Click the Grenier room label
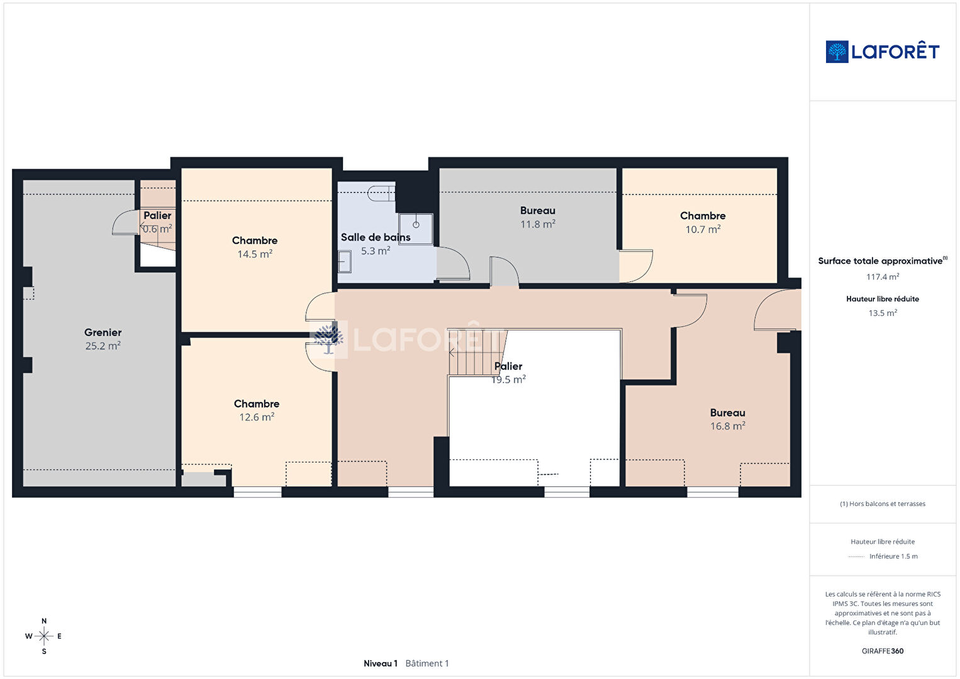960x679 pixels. [103, 332]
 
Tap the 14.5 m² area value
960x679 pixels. [255, 254]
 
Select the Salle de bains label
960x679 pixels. [376, 237]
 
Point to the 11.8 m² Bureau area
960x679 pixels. [538, 224]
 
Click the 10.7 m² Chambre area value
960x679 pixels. [703, 229]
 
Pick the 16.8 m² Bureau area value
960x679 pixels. [728, 426]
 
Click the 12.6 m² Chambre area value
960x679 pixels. [257, 417]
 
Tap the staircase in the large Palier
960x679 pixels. [477, 352]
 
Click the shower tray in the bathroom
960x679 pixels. [415, 229]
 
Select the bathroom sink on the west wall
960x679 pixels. [345, 262]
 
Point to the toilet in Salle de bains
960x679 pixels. [381, 193]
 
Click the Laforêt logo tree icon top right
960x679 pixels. [837, 52]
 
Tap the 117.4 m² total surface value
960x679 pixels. [883, 277]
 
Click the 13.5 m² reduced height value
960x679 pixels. [883, 313]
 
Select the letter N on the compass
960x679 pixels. [43, 621]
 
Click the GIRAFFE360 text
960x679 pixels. [883, 651]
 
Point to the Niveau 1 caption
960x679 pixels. [381, 663]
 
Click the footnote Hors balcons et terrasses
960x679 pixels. [883, 503]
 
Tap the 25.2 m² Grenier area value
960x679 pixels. [103, 346]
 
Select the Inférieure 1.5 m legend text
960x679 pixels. [893, 556]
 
